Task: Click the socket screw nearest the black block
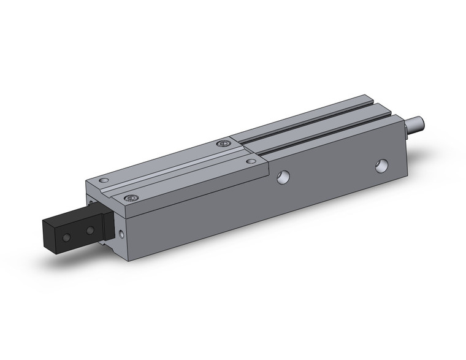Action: point(130,198)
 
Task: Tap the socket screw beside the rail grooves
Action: point(223,143)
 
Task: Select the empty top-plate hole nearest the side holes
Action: point(250,161)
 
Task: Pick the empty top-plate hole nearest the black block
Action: point(104,180)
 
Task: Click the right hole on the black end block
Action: point(90,231)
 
